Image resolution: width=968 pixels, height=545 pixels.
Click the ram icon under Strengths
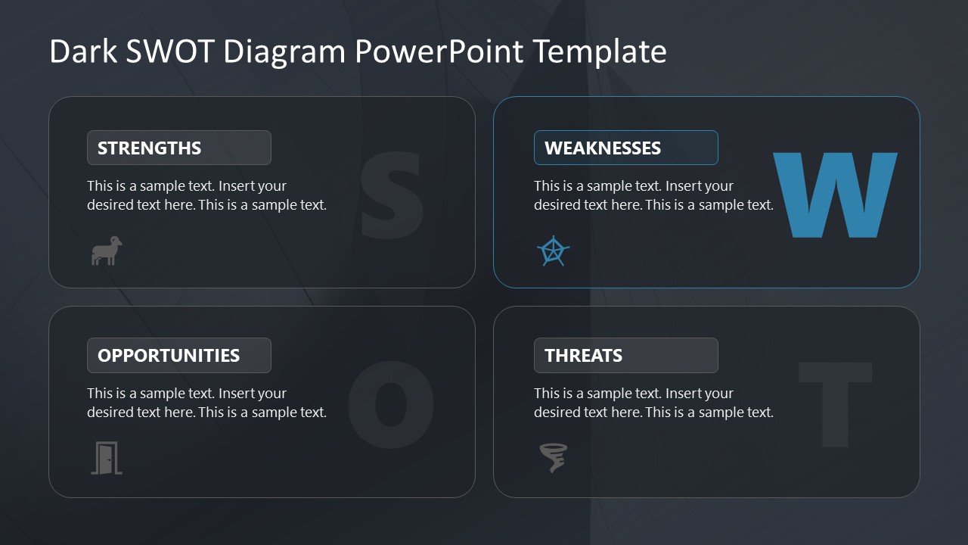click(x=107, y=251)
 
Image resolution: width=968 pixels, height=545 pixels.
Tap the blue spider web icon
click(x=553, y=251)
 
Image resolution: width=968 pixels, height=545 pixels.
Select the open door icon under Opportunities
click(x=107, y=458)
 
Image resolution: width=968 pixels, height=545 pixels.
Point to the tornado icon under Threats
click(x=554, y=458)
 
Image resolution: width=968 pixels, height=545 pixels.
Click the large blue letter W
click(x=835, y=195)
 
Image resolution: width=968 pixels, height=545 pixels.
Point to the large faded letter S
click(x=390, y=195)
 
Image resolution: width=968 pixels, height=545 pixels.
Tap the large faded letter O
click(x=390, y=403)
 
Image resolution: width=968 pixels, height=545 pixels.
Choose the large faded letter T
click(x=835, y=403)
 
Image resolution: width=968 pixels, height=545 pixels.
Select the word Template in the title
click(x=600, y=51)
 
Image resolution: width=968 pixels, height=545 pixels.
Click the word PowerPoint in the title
click(x=439, y=51)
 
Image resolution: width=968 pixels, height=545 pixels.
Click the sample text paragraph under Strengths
click(x=206, y=195)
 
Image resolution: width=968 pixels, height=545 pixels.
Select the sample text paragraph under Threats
click(x=653, y=403)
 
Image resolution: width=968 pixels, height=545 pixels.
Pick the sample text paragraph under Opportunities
click(x=206, y=403)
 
